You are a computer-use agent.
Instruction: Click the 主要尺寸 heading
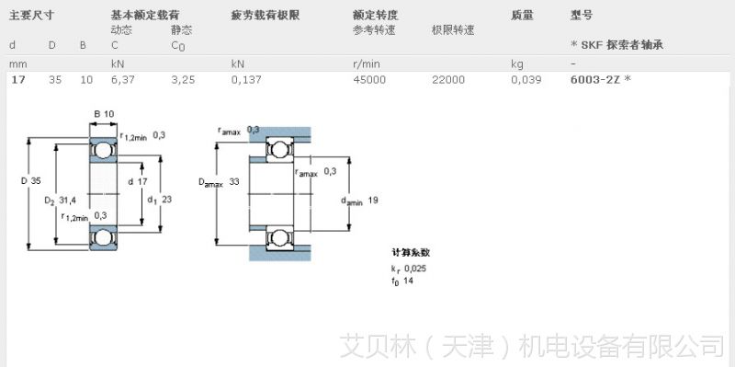(x=32, y=16)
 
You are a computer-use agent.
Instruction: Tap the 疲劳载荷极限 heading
(x=266, y=16)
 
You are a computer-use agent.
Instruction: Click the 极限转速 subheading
(x=453, y=29)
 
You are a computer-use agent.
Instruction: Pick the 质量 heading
(x=521, y=16)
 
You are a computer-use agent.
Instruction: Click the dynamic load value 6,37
(x=121, y=80)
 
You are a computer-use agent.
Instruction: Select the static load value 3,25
(x=183, y=80)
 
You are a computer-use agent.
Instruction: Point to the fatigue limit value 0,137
(x=245, y=80)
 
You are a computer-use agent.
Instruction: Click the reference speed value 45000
(x=369, y=80)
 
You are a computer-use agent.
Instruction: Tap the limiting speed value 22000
(x=448, y=80)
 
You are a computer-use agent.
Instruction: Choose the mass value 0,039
(x=526, y=80)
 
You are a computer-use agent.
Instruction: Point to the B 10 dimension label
(x=103, y=113)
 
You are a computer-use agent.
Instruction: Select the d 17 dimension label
(x=138, y=180)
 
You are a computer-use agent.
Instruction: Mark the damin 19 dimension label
(x=361, y=200)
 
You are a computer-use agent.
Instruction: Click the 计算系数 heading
(x=410, y=252)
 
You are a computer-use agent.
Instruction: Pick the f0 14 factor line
(x=401, y=281)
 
